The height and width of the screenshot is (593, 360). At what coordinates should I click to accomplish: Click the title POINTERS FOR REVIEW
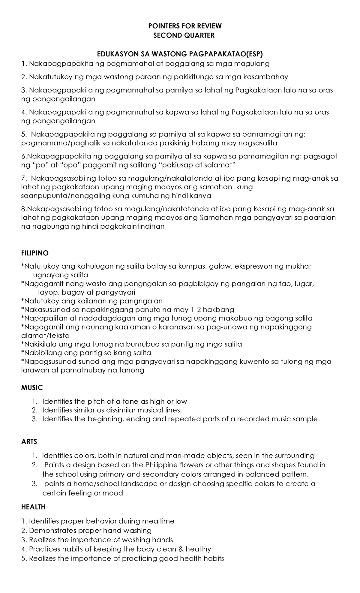point(185,26)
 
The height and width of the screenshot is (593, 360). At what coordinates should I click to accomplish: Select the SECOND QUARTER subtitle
point(184,35)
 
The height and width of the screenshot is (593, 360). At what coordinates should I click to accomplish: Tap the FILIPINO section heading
point(35,253)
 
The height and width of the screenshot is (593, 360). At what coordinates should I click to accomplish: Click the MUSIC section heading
point(32,388)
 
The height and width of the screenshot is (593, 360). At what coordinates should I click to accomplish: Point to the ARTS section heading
point(29,442)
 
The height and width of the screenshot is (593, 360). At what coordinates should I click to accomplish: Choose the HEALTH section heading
point(33,507)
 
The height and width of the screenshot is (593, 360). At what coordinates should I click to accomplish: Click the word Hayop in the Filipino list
point(44,292)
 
